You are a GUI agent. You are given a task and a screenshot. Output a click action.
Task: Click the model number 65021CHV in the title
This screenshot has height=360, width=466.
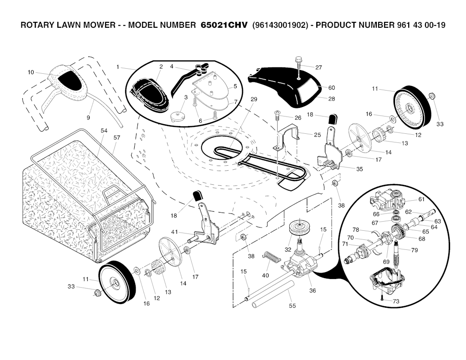[x=224, y=25]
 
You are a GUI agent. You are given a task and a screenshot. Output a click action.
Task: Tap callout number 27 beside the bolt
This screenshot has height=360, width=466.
[x=319, y=67]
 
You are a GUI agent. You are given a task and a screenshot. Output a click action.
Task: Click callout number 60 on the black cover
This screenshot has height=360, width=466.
[x=331, y=87]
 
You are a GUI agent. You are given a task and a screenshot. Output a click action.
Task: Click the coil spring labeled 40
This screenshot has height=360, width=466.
[x=272, y=258]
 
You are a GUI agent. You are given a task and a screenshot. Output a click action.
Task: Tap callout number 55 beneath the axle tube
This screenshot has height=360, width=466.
[x=293, y=305]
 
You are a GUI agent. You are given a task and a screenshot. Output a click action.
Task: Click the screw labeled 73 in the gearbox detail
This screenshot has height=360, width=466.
[x=383, y=299]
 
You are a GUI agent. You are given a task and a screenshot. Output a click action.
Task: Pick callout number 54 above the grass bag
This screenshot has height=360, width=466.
[x=104, y=131]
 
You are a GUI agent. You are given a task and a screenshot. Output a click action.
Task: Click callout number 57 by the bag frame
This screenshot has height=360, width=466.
[x=117, y=137]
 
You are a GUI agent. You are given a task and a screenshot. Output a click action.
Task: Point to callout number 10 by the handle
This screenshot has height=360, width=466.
[x=31, y=72]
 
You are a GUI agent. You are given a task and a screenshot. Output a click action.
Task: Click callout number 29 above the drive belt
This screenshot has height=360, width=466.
[x=253, y=99]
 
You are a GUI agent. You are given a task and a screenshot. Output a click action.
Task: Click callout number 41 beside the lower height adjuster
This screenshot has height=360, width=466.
[x=174, y=232]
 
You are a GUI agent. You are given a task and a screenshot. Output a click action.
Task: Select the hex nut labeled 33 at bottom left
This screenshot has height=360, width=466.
[x=97, y=293]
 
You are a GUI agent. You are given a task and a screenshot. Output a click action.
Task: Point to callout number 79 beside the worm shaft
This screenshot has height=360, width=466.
[x=414, y=250]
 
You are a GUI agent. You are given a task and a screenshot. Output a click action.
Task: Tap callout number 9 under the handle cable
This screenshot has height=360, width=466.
[x=88, y=118]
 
